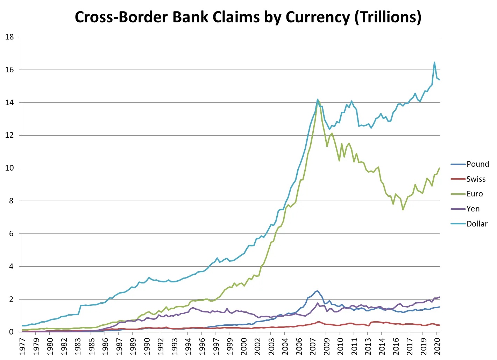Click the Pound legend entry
point(477,164)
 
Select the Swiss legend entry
point(476,179)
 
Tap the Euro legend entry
point(474,194)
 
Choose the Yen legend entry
point(473,209)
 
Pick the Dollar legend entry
point(477,224)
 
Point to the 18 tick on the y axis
point(9,37)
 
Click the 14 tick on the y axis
point(9,102)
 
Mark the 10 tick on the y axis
point(9,168)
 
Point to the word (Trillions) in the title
point(388,17)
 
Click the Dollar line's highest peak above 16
point(434,63)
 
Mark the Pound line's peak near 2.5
point(317,290)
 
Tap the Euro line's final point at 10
point(439,168)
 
